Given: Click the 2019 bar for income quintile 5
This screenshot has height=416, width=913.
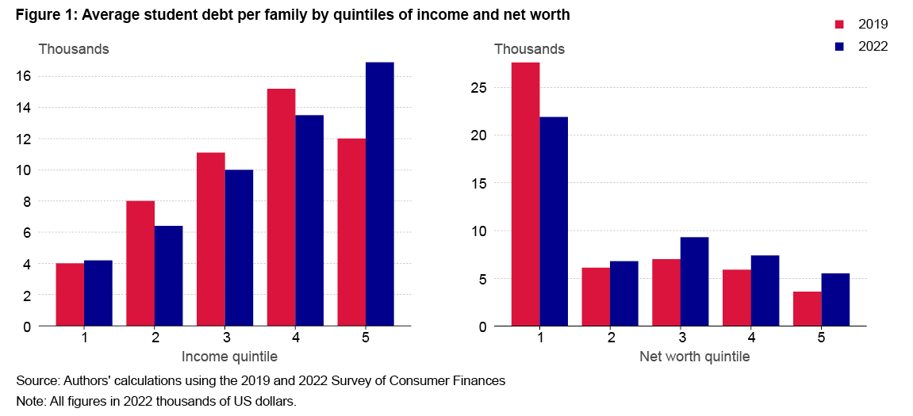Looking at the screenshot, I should pos(351,232).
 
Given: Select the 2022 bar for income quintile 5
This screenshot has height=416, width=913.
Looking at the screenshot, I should pos(379,194).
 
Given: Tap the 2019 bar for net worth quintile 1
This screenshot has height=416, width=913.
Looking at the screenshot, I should pos(525,194).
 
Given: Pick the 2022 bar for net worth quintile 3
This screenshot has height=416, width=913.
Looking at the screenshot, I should pos(694,281).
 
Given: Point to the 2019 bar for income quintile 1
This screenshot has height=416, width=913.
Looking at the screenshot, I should pos(69,295).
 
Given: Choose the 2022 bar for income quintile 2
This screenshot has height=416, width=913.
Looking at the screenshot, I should pos(168,276).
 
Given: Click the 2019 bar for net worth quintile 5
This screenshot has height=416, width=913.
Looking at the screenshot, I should pos(808,309).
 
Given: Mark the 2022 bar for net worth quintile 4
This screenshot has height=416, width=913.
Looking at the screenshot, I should pos(765,290).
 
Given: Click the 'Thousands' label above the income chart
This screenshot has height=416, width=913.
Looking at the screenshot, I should pos(74,49).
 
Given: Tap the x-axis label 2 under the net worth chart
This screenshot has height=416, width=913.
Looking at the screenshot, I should pos(610,338).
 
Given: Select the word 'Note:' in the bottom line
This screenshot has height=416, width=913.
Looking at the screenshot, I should pos(32,402).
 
